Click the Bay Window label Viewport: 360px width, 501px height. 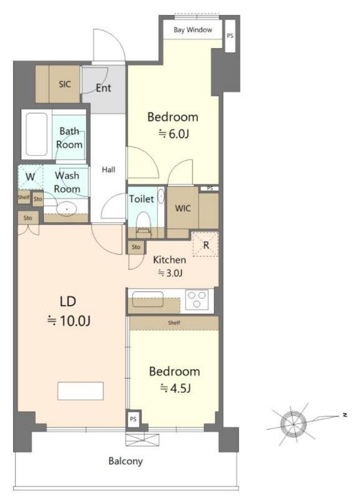coord(193,30)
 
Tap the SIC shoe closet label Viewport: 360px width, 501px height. coord(64,84)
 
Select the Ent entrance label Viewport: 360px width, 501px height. coord(103,88)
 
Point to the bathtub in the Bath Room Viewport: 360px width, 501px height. coord(36,134)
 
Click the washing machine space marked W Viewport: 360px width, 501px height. coord(30,176)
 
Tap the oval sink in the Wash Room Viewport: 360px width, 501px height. coord(67,209)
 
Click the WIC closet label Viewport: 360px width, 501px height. coord(183,208)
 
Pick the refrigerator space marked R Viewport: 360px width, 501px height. coord(205,245)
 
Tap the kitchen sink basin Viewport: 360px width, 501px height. coord(148,299)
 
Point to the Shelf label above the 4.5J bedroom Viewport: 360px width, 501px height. coord(174,323)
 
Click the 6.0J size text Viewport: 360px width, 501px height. coord(174,134)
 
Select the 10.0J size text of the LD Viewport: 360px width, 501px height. coord(69,320)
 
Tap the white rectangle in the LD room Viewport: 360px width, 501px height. coord(81,391)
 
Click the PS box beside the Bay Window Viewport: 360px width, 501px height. coord(230,36)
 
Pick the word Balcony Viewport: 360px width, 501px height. coord(125,461)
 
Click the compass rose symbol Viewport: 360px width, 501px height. coord(294,423)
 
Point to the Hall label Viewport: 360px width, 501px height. coord(109,170)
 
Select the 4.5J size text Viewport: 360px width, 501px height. coord(175,388)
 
